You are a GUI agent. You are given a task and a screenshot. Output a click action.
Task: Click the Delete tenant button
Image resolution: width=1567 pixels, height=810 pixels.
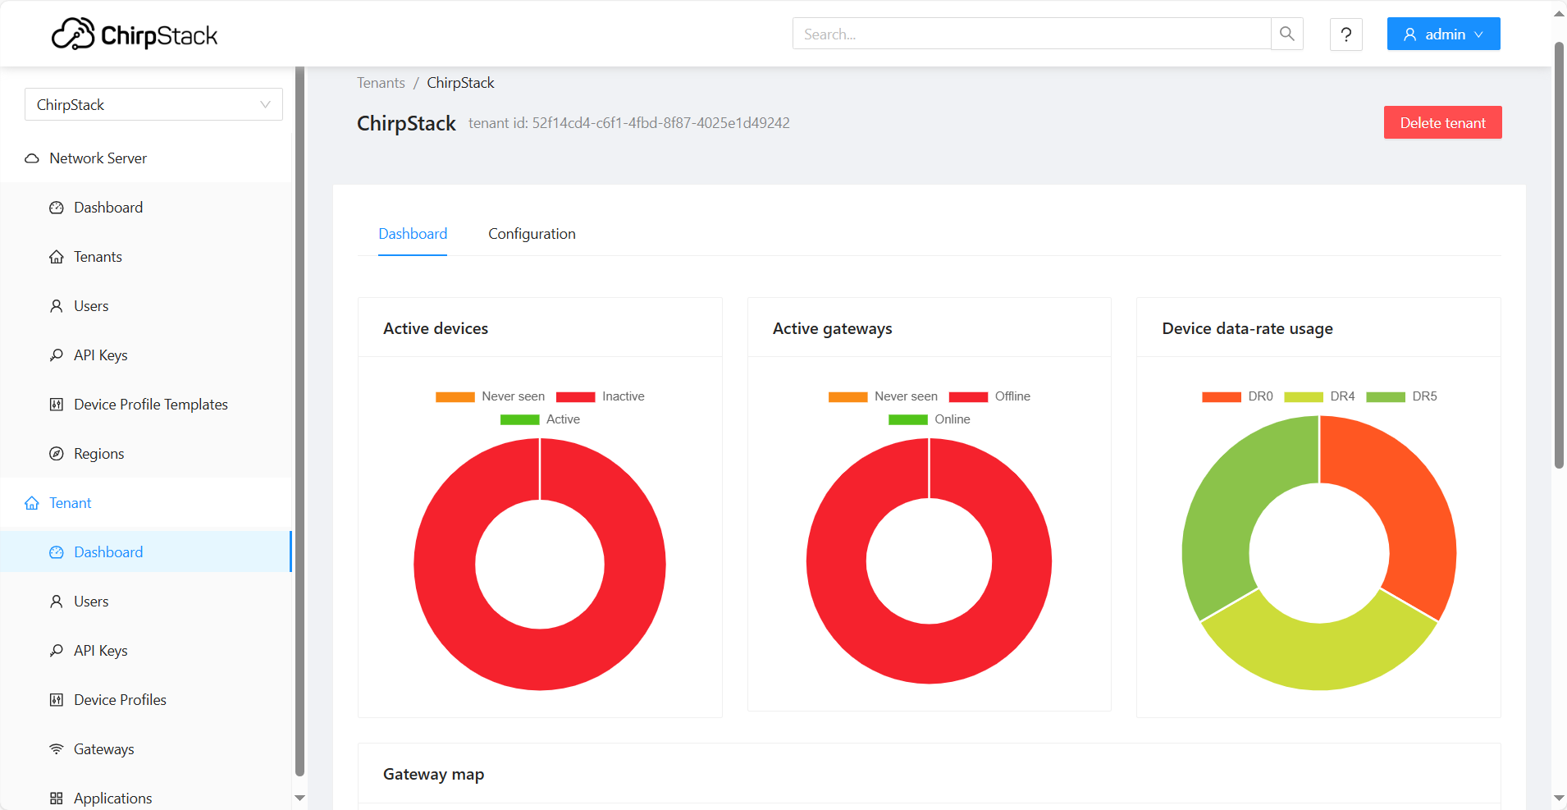click(x=1442, y=122)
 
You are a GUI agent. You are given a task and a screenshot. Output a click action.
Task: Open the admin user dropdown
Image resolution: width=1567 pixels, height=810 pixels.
click(x=1443, y=34)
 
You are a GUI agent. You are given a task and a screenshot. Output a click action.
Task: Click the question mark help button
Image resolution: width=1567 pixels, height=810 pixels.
click(x=1345, y=34)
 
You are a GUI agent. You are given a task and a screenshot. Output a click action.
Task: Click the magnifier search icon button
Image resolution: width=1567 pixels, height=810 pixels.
click(x=1286, y=34)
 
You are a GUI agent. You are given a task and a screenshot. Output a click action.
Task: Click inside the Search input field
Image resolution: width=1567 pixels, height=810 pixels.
click(x=1030, y=34)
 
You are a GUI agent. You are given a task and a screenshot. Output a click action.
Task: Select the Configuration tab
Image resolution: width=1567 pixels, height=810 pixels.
click(x=532, y=234)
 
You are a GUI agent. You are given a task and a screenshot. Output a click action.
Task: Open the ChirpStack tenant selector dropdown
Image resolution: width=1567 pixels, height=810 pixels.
click(x=153, y=105)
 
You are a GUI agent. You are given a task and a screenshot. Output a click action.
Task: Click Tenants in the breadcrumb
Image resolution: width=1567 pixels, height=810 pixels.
click(x=381, y=83)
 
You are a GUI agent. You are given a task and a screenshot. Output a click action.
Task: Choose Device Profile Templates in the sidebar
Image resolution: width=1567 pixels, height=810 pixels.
click(x=150, y=405)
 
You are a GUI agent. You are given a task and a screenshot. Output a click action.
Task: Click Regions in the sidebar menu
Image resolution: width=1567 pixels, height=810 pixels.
click(x=98, y=454)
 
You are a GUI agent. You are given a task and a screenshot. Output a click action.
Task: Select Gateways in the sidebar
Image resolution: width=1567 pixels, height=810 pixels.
click(x=103, y=749)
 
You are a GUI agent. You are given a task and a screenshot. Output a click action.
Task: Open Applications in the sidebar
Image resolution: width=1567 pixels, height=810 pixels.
click(x=112, y=798)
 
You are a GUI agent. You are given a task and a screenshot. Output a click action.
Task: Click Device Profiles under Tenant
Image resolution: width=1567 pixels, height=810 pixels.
click(x=120, y=700)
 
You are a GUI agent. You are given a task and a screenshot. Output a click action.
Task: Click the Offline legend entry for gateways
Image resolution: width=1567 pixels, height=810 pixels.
click(x=990, y=396)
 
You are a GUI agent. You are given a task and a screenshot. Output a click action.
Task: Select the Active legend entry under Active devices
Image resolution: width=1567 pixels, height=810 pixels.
click(x=541, y=419)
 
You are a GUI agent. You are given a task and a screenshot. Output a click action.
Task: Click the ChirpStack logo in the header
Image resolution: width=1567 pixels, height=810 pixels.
click(x=135, y=34)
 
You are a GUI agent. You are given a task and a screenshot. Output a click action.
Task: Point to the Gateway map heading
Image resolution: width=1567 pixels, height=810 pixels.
click(x=433, y=774)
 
